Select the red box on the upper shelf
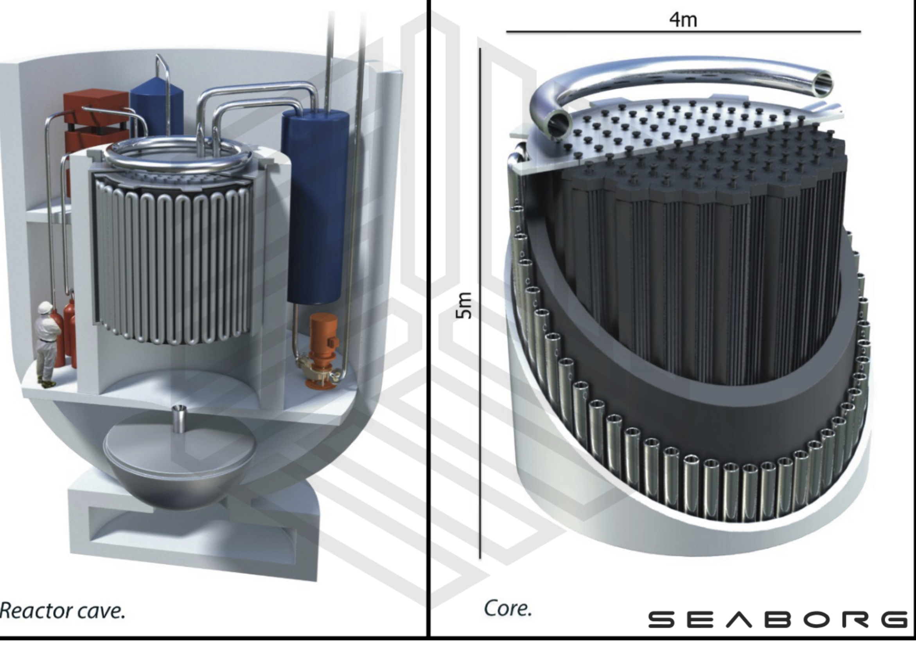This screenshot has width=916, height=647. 96,120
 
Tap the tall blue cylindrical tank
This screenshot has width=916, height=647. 315,205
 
